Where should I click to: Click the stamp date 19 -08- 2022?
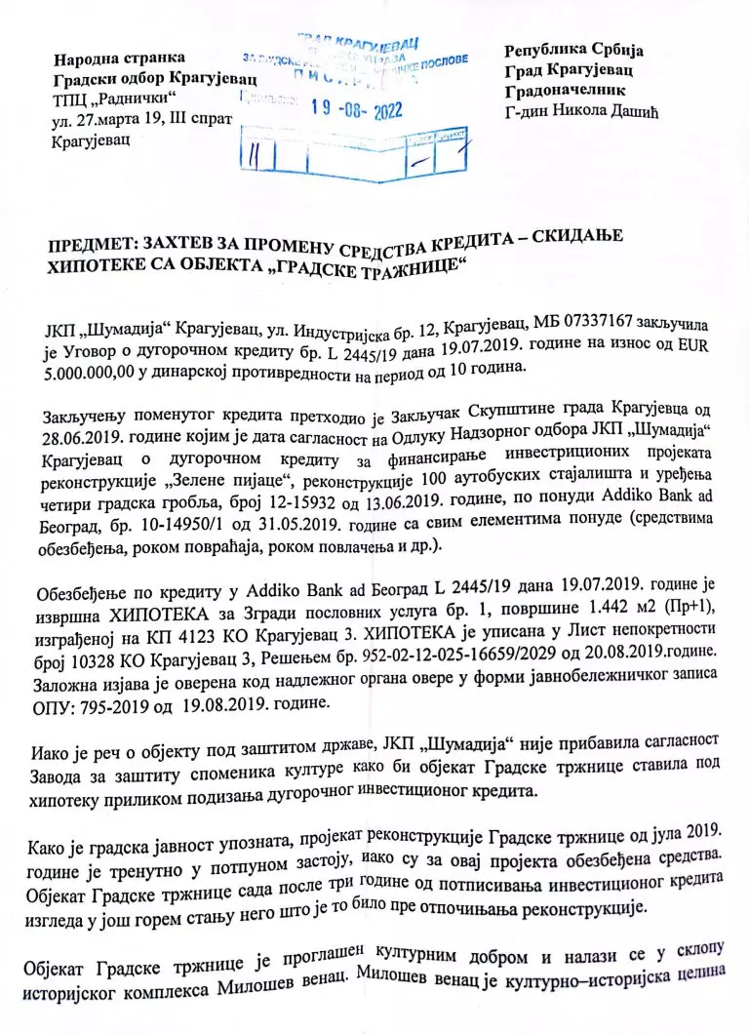tap(355, 110)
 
